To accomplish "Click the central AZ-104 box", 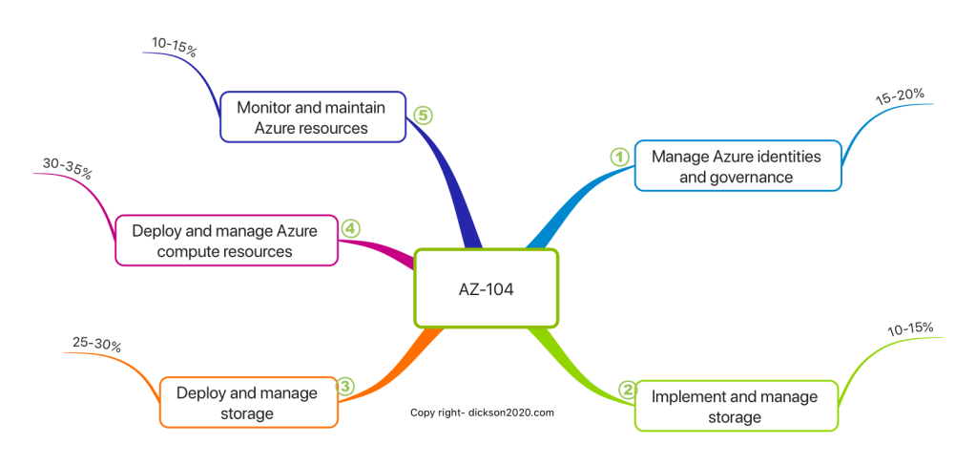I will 486,288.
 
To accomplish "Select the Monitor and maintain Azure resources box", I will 313,117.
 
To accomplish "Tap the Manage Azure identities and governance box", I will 737,165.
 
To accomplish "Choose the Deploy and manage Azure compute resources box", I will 226,240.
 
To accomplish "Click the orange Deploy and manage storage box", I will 248,403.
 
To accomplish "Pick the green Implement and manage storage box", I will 736,406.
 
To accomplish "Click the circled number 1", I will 619,156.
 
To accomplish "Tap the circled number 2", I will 627,389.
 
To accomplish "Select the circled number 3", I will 345,387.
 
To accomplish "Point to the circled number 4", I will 350,228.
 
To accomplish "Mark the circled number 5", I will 423,115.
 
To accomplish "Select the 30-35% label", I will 67,170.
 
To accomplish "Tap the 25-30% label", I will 96,345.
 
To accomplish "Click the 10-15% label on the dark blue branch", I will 174,46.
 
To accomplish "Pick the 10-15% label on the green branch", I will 909,329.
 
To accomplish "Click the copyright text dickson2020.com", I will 482,412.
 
